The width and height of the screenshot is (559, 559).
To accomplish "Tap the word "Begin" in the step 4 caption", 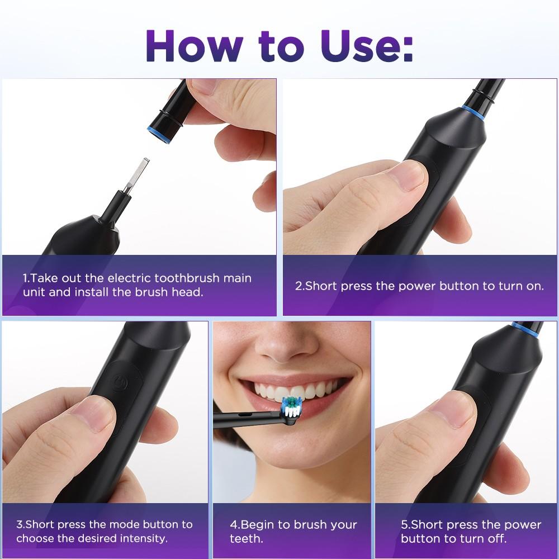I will coord(259,524).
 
